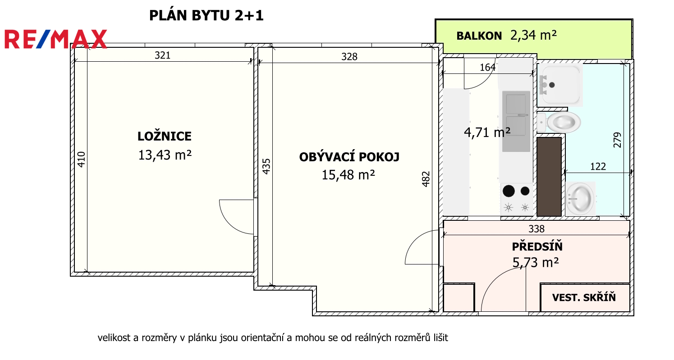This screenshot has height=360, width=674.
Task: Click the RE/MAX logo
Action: pos(55,39)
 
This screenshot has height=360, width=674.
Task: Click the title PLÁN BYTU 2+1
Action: pos(206,16)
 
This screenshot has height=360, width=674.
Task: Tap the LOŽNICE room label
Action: pos(165,136)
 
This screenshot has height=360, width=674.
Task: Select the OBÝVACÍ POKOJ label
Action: pos(349,157)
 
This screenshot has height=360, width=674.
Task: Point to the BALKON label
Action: pos(479,36)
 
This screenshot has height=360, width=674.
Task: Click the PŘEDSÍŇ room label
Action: pos(537,246)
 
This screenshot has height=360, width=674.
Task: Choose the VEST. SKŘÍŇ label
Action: pos(584,297)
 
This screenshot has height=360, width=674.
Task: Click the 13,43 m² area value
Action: pos(165,155)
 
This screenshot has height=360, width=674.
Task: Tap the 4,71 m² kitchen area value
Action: pos(487,132)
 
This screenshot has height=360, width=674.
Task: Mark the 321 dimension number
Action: pos(162,55)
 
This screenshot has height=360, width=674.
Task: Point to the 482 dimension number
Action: pos(426,179)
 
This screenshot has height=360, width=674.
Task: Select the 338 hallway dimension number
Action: pos(536,229)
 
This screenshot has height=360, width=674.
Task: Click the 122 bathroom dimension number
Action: pos(598,167)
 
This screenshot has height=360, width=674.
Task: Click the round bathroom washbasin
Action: pos(580,199)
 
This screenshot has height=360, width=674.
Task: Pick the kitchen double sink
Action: pos(516,121)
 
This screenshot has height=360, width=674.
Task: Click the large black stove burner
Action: pos(509,191)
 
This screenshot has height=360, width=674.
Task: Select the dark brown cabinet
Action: pos(549,177)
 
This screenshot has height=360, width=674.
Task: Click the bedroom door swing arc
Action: pos(231,223)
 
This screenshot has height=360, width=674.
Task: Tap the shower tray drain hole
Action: pos(552,85)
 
